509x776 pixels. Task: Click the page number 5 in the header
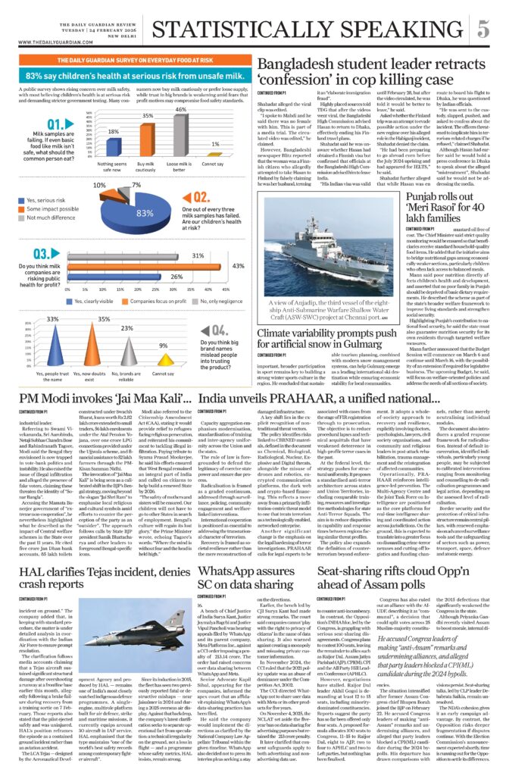pos(482,29)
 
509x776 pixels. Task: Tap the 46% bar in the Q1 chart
pos(180,135)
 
